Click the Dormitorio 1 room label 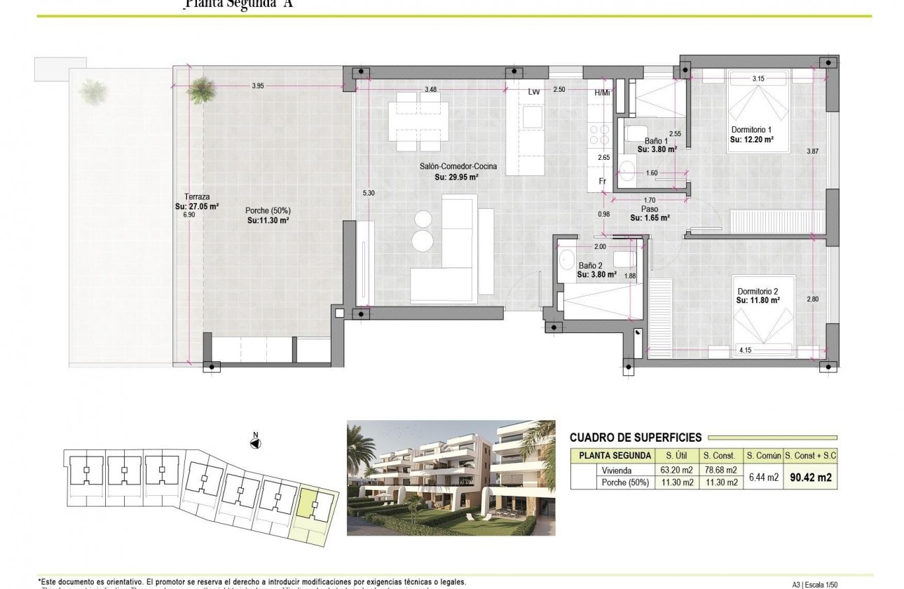[751, 130]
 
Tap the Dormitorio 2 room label [758, 291]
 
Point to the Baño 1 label [657, 140]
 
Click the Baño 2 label [591, 266]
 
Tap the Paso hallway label [648, 209]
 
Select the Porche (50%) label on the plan [268, 210]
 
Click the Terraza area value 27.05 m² [197, 207]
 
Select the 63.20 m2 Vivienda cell [676, 470]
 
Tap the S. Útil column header [676, 456]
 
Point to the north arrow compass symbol [256, 442]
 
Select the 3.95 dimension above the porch [257, 86]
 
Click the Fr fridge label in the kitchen [602, 181]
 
